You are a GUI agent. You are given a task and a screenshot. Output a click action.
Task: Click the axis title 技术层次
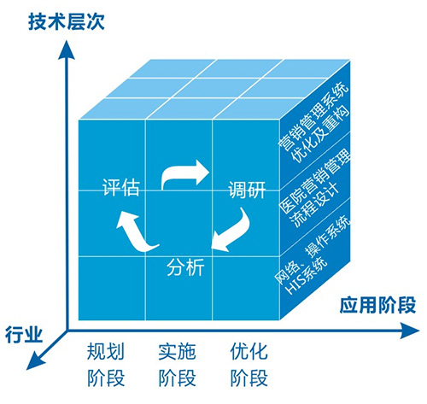point(67,22)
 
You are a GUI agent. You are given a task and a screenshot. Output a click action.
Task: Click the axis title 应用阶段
point(377,306)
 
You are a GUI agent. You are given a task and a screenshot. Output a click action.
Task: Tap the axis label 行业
point(24,335)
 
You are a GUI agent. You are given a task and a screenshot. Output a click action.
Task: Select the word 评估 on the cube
point(120,188)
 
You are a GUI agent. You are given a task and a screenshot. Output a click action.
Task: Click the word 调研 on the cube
point(247,190)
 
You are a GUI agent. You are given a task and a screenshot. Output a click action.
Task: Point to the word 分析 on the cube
point(185,267)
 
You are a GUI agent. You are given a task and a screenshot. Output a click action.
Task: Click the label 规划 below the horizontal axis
point(106,351)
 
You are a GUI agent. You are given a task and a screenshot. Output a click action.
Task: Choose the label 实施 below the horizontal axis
point(177,351)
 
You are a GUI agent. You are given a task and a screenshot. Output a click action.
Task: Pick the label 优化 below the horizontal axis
point(249,351)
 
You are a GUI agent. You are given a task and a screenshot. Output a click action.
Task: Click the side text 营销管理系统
point(313,116)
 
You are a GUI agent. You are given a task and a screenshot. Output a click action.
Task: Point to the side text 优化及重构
point(321,134)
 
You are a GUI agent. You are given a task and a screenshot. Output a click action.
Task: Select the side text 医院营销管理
point(314,181)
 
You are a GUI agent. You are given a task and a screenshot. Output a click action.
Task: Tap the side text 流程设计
point(314,204)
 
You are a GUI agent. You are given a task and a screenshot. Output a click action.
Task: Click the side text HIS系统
point(306,276)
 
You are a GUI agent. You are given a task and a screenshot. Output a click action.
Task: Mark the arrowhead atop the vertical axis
point(67,49)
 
